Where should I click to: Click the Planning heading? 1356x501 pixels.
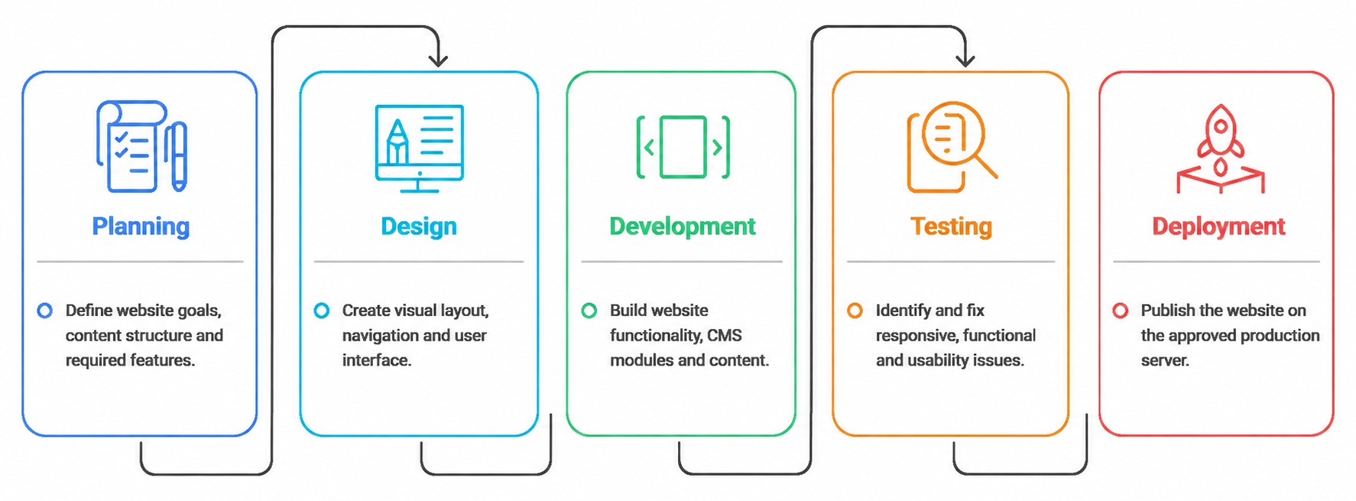point(141,226)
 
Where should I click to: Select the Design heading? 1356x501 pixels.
point(419,226)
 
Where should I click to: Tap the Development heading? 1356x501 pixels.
point(682,226)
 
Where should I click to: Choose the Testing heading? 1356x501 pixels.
point(951,226)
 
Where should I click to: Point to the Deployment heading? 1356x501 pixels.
point(1218,226)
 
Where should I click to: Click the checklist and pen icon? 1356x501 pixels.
point(141,145)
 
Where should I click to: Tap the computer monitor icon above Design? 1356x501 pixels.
point(419,148)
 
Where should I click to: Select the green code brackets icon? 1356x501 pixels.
point(683,147)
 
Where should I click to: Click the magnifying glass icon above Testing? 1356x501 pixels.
point(952,146)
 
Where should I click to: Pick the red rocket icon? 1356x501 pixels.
point(1221,148)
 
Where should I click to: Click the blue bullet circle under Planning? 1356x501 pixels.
point(45,311)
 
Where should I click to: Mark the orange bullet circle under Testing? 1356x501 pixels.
point(855,311)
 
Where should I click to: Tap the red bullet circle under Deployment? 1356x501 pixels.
point(1121,311)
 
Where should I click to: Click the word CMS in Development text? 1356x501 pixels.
point(725,335)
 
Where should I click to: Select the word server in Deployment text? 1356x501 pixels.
point(1165,360)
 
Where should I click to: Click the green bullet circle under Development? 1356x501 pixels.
point(589,311)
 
